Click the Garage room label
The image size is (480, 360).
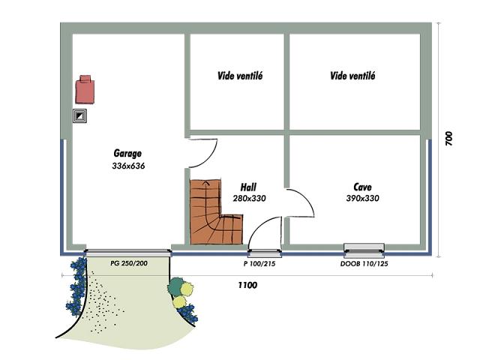coord(127,153)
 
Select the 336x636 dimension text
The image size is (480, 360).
coord(128,166)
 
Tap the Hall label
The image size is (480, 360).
coord(248,187)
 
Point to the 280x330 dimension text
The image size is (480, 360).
coord(249,198)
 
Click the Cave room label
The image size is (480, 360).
coord(362,187)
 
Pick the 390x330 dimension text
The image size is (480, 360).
coord(362,198)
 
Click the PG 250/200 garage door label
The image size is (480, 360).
coord(129,263)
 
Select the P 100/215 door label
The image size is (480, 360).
coord(259,263)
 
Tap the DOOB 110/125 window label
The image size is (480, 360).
coord(364,263)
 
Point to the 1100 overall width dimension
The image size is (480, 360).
coord(247,285)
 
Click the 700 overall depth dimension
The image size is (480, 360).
coord(448,138)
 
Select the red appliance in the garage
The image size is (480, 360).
coord(85,89)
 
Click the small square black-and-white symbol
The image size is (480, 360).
coord(80,115)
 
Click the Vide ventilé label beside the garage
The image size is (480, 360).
coord(240,76)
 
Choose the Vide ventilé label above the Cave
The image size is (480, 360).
coord(352,76)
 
